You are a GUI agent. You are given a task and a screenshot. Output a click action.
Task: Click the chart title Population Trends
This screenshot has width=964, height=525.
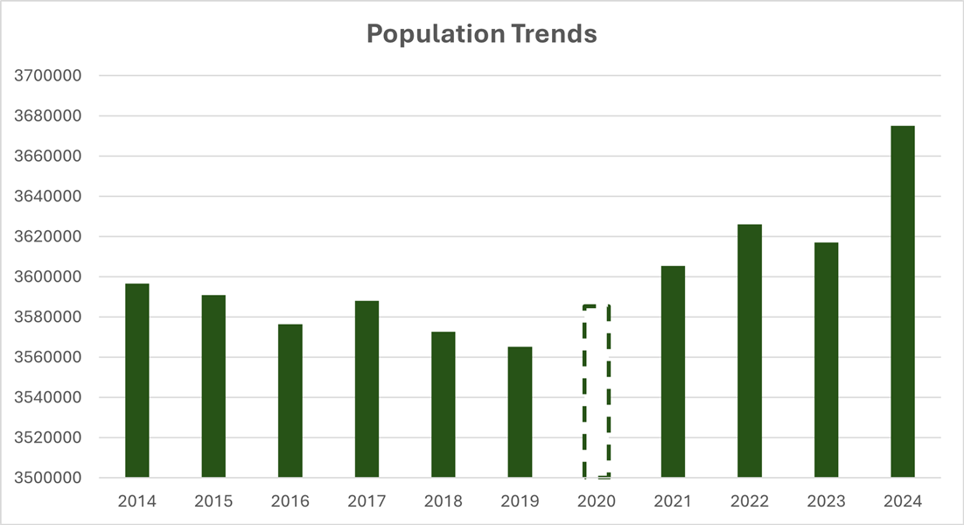481,34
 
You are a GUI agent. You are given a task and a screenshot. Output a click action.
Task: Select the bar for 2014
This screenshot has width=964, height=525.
137,381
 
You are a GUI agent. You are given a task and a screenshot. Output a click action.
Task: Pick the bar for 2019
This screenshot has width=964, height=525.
520,412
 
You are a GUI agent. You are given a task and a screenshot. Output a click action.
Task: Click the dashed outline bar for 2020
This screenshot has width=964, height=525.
597,392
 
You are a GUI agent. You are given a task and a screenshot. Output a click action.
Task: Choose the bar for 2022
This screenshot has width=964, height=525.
750,351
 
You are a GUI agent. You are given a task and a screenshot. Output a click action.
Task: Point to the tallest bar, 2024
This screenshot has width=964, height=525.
903,302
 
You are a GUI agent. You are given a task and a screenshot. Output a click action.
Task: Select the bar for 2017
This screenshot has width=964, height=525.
367,389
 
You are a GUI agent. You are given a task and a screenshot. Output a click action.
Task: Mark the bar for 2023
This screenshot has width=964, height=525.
826,360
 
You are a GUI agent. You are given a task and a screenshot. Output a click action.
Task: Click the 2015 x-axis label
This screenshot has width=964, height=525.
213,501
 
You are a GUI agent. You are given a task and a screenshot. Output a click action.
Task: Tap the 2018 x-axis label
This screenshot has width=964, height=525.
444,501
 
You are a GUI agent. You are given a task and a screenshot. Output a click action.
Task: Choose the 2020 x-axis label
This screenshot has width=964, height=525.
597,501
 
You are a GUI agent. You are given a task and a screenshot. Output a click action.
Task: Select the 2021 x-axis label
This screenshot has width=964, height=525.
673,501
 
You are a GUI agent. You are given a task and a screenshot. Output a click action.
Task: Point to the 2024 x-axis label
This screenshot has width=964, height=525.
903,501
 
